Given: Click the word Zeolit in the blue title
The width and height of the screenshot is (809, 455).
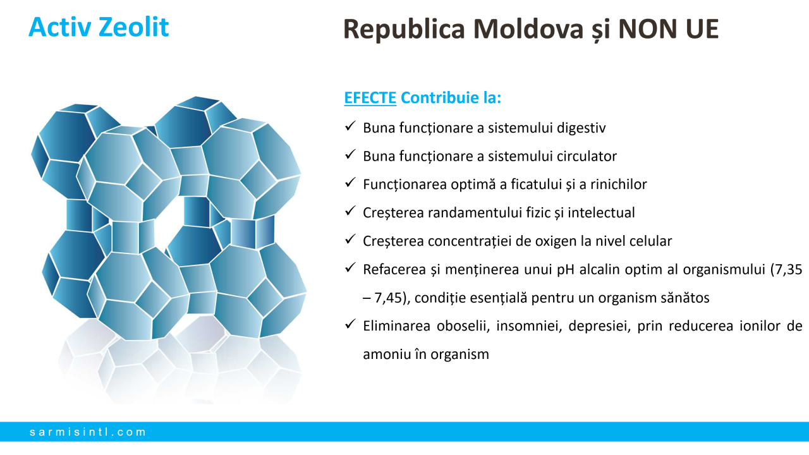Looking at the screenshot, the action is [133, 27].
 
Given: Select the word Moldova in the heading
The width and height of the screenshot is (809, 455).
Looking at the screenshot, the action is [528, 28].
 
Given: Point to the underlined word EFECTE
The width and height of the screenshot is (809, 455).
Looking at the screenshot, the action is [370, 98].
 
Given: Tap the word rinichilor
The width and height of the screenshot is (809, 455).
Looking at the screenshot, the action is [618, 185].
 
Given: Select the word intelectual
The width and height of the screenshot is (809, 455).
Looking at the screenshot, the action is [601, 213].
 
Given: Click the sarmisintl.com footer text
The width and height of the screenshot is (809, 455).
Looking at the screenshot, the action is [88, 432].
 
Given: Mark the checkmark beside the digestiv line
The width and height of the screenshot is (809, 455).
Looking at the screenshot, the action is [350, 126].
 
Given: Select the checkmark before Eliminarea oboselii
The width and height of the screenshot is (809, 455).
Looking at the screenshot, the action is [350, 324].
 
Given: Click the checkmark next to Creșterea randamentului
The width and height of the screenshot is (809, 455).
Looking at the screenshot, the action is [350, 211].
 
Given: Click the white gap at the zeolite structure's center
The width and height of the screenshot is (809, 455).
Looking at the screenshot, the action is [170, 226].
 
